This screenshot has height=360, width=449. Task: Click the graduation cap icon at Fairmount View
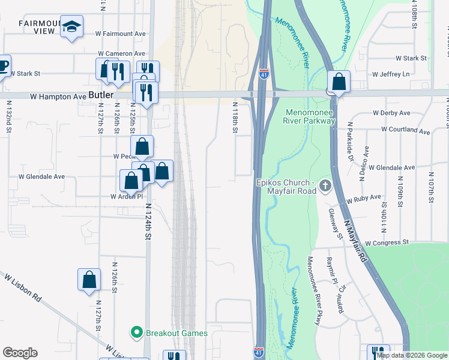click(71, 26)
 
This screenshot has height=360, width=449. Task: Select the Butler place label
click(100, 95)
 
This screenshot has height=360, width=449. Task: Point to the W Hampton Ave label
click(63, 96)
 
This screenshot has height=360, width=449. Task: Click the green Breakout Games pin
click(136, 332)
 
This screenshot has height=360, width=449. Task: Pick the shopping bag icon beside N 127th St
click(89, 279)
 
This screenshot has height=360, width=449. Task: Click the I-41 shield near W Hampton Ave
click(264, 74)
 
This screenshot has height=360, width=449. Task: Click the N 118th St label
click(235, 117)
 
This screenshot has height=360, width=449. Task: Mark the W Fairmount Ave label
click(120, 34)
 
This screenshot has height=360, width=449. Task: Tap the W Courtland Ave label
click(401, 131)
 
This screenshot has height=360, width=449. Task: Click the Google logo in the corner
click(20, 353)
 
